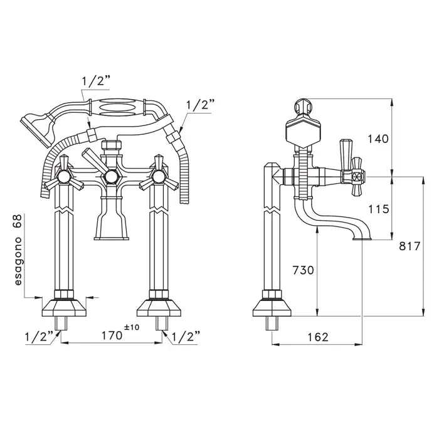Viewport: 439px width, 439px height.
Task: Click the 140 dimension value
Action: (x=378, y=139)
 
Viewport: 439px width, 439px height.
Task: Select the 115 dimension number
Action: (x=379, y=209)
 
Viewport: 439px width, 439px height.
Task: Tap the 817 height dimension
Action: (x=410, y=246)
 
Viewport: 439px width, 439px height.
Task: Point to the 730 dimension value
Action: (x=303, y=270)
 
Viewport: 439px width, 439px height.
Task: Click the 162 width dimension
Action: (x=317, y=337)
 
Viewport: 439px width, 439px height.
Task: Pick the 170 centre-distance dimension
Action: (x=112, y=336)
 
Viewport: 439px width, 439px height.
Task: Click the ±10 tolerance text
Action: (x=132, y=327)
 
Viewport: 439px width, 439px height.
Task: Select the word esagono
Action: (x=18, y=262)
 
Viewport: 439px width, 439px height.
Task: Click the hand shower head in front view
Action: (x=38, y=127)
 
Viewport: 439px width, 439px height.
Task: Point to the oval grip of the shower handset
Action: (x=117, y=107)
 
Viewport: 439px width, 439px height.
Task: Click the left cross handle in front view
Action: (x=64, y=176)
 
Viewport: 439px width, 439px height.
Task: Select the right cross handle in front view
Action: (x=159, y=176)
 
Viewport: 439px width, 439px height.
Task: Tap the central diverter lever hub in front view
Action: (x=111, y=176)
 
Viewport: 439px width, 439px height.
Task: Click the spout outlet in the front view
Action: (x=112, y=238)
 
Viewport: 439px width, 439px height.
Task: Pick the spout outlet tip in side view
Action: (x=362, y=239)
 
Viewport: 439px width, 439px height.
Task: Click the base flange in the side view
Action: (x=272, y=309)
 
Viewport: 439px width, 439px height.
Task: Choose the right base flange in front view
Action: (x=159, y=309)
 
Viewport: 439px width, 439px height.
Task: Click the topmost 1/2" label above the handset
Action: (x=95, y=82)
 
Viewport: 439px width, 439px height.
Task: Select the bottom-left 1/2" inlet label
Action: (x=39, y=337)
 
